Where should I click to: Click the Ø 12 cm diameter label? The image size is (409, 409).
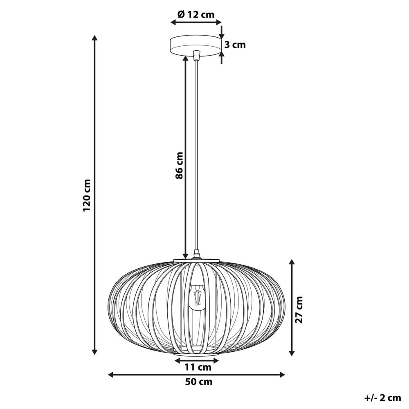click(196, 14)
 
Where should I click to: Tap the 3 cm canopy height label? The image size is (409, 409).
click(235, 45)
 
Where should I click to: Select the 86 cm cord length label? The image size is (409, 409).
click(179, 165)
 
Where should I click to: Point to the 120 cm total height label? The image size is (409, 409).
click(86, 195)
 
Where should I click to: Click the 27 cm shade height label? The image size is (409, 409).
click(300, 310)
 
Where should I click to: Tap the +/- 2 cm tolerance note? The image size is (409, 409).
click(382, 398)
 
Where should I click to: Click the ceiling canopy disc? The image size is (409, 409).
click(196, 46)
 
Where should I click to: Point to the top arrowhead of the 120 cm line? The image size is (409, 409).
click(94, 38)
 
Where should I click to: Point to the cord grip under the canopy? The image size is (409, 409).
click(197, 55)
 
